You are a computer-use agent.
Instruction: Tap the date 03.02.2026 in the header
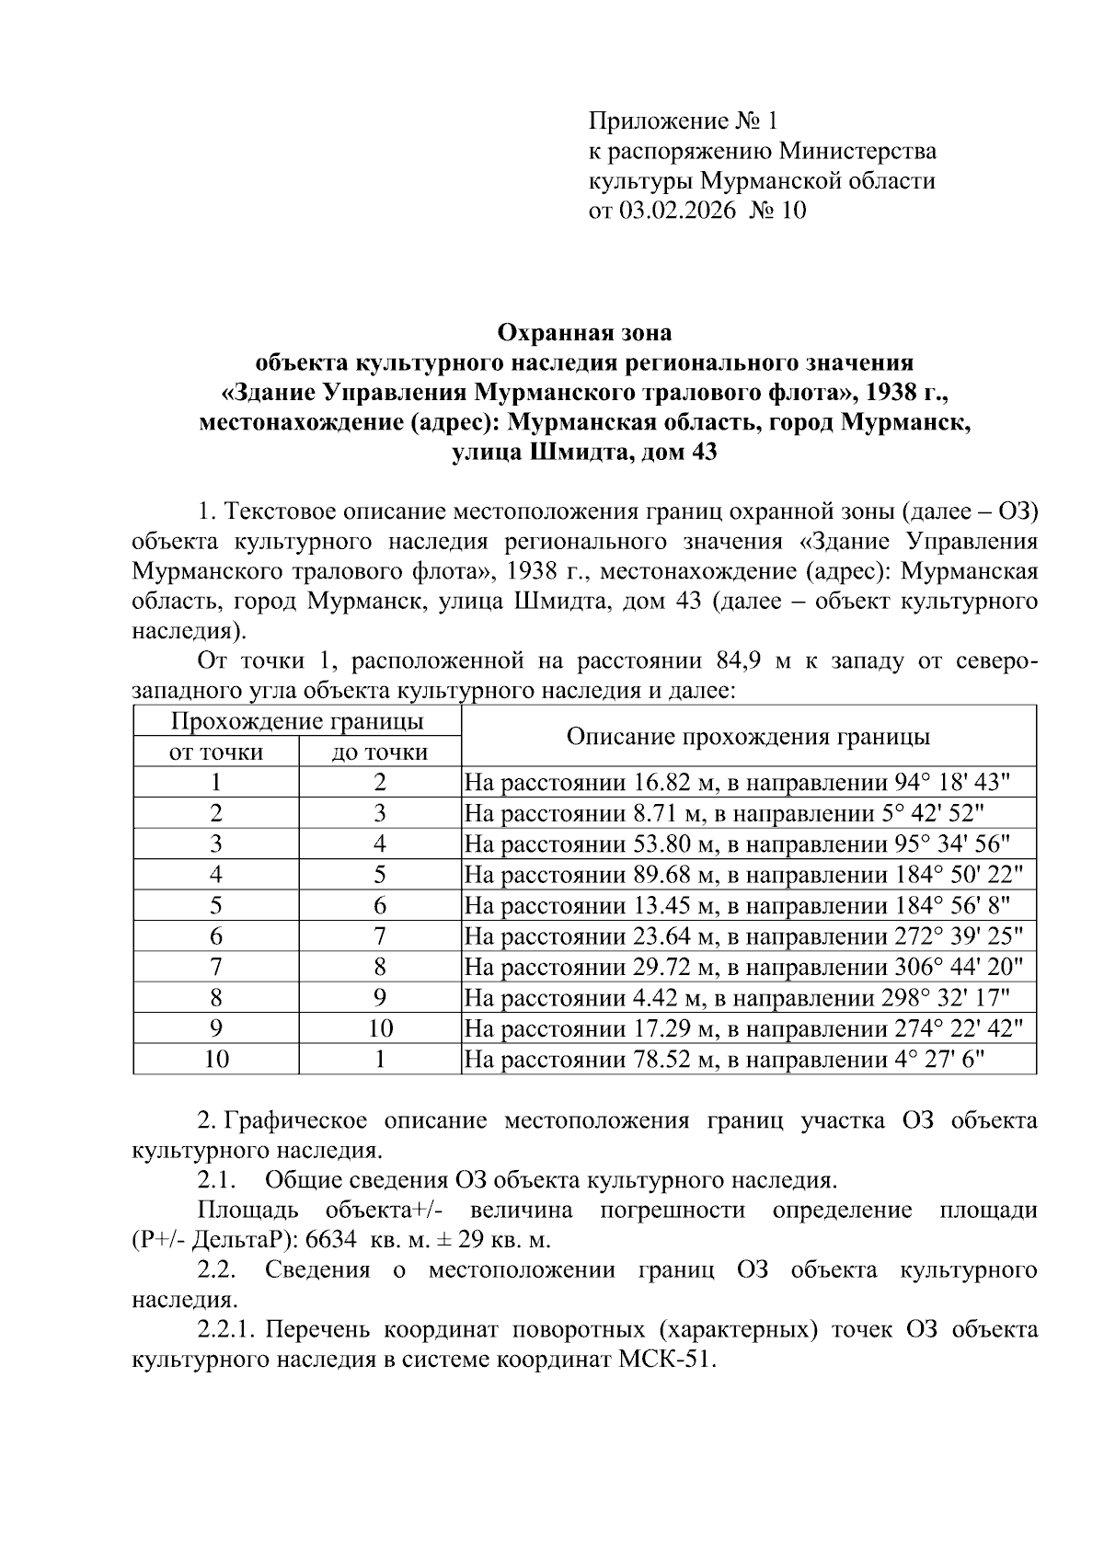click(x=677, y=211)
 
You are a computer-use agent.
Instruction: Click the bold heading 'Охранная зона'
click(x=584, y=331)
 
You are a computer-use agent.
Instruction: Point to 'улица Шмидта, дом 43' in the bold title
click(x=584, y=453)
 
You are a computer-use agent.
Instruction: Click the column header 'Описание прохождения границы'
click(x=747, y=736)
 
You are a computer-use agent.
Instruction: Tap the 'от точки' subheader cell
click(x=215, y=752)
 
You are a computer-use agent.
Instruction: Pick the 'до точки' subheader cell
click(x=379, y=752)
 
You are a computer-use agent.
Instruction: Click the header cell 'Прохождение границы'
click(x=297, y=720)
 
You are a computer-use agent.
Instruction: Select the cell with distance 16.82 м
click(x=747, y=783)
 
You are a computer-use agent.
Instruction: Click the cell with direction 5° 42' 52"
click(x=747, y=813)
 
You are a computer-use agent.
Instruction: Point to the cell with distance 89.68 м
click(x=747, y=875)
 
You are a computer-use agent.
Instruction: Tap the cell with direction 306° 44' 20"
click(x=747, y=967)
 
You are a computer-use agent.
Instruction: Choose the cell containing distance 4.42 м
click(x=747, y=997)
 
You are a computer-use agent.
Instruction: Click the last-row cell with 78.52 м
click(x=747, y=1059)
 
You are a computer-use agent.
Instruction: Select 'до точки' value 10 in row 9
click(x=379, y=1028)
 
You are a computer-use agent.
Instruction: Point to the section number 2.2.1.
click(x=230, y=1330)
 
